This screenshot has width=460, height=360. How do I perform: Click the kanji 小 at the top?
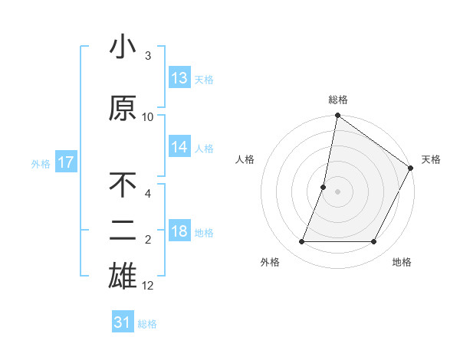pos(123,47)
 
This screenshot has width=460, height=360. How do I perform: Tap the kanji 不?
pos(123,186)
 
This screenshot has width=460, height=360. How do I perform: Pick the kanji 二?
pos(123,231)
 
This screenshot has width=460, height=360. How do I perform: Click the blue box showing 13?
pos(179,78)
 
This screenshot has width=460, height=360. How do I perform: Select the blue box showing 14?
pos(179,147)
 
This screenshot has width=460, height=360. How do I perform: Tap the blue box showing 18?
pos(179,231)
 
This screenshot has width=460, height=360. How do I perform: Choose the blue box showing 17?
pos(65,162)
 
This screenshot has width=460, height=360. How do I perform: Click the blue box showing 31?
pos(123,322)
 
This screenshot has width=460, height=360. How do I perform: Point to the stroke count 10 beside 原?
pos(148,116)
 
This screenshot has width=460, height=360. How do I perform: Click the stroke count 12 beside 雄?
pos(148,286)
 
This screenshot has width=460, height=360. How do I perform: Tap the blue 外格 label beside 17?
pos(41,163)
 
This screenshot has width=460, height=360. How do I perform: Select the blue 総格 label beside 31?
pos(147,324)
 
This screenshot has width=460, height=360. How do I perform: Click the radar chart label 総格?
pos(338,100)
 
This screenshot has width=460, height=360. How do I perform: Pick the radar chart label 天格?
pos(431,159)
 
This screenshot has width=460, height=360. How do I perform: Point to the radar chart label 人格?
pos(245,159)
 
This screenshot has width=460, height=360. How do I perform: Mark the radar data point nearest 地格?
pos(374,242)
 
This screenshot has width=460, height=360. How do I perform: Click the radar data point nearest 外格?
pos(301,242)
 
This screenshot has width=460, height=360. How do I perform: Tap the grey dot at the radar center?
pos(337,191)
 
